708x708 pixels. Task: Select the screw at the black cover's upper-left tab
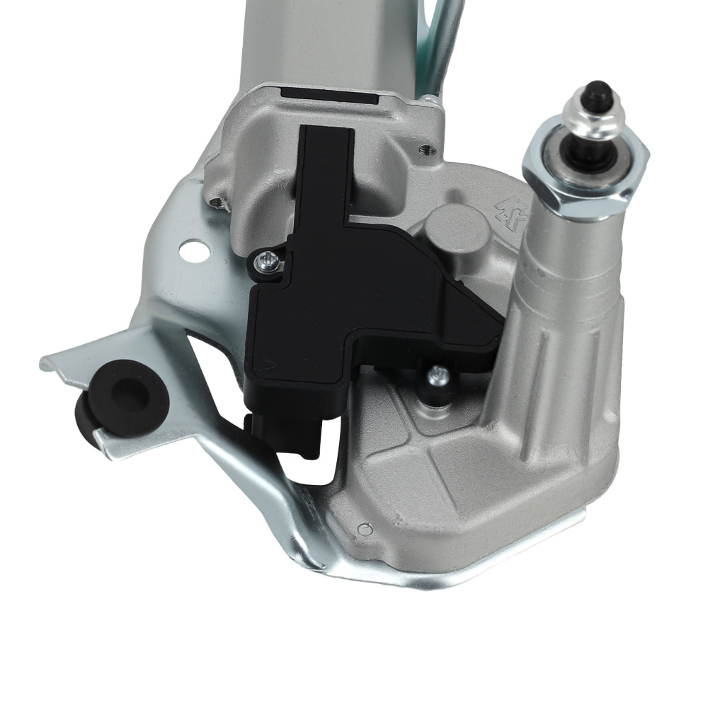pyautogui.click(x=267, y=262)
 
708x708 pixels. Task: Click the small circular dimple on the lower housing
pyautogui.click(x=365, y=529)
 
